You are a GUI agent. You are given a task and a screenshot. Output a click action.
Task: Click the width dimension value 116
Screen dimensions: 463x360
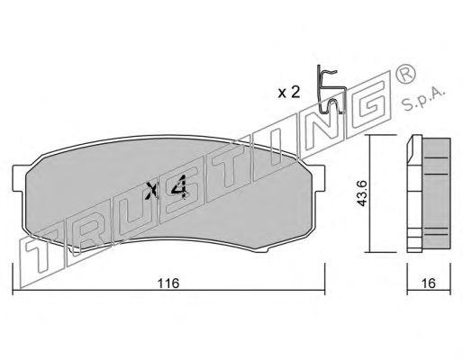point(168,283)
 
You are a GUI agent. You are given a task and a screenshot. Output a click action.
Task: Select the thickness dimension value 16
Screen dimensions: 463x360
point(429,283)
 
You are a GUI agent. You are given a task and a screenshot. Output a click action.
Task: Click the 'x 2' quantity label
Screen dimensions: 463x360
point(289,93)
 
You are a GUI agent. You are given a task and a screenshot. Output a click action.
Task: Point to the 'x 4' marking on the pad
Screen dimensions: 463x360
point(167,188)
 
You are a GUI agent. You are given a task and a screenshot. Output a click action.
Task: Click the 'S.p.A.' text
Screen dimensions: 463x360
point(422,99)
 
